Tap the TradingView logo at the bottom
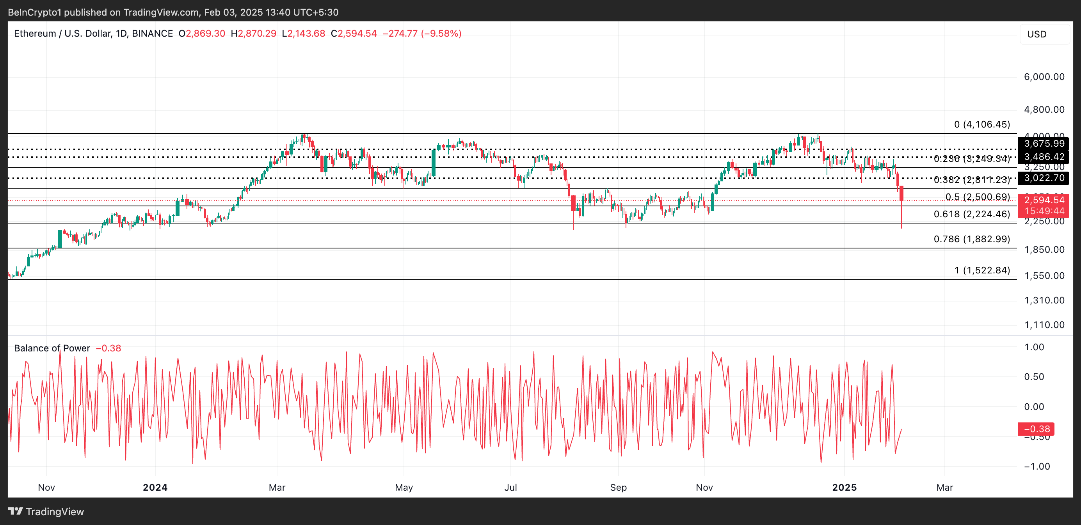46,512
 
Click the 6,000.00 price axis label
1044,77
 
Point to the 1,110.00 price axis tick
1044,325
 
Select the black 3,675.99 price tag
1044,144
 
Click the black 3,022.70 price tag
1044,178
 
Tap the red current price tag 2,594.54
1044,200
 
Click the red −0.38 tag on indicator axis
1036,429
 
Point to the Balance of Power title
52,348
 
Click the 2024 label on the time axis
155,487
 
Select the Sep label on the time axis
618,487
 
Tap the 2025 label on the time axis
845,487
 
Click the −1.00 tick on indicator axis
1037,466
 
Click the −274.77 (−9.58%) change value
422,34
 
